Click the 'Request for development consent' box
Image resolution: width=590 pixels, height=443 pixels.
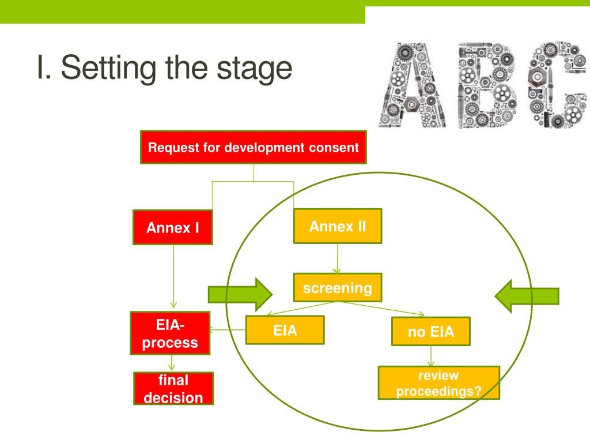pyautogui.click(x=254, y=147)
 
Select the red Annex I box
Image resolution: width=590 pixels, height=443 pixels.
pyautogui.click(x=173, y=227)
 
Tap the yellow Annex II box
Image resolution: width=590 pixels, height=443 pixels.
pyautogui.click(x=338, y=226)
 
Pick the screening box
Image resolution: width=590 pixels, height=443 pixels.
pyautogui.click(x=338, y=288)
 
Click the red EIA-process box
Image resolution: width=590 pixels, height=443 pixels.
pyautogui.click(x=170, y=333)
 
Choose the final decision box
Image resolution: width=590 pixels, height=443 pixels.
pyautogui.click(x=173, y=389)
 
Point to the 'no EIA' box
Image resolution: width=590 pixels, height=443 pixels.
pyautogui.click(x=431, y=332)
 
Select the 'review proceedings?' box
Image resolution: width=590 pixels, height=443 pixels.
pyautogui.click(x=438, y=383)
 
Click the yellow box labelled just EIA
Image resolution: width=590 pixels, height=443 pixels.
pyautogui.click(x=285, y=331)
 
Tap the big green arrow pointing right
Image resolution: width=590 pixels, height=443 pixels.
pyautogui.click(x=240, y=295)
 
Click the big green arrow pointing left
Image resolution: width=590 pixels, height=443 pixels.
pyautogui.click(x=527, y=296)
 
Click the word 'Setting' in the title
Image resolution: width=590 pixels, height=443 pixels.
pyautogui.click(x=108, y=68)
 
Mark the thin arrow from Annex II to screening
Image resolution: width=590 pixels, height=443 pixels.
pyautogui.click(x=337, y=258)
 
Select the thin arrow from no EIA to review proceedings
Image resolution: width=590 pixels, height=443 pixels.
pyautogui.click(x=431, y=356)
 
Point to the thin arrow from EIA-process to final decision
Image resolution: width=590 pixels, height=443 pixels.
pyautogui.click(x=172, y=363)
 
